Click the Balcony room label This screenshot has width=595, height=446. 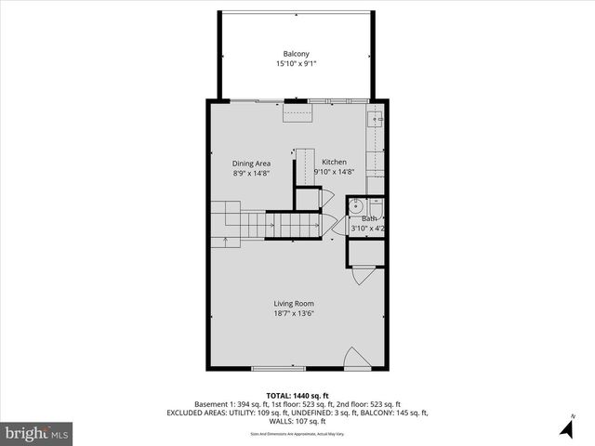[x=297, y=53]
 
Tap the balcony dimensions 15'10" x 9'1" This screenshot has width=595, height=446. [x=297, y=64]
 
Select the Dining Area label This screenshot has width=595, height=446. [x=251, y=163]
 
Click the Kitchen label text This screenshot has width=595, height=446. [x=334, y=162]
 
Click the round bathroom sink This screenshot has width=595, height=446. [x=356, y=206]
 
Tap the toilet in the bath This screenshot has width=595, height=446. [x=377, y=207]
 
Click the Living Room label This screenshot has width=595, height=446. [x=294, y=304]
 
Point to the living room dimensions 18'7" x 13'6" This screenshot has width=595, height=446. [x=294, y=314]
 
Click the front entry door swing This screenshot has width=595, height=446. [x=354, y=359]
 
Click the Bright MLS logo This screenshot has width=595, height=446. [x=37, y=433]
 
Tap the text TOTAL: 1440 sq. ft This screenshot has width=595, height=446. [x=297, y=395]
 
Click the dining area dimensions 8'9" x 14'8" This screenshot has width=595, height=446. [x=251, y=173]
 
